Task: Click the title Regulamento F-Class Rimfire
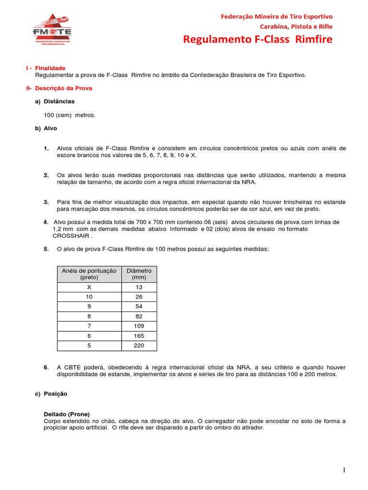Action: (x=257, y=39)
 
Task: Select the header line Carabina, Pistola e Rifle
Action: (x=296, y=26)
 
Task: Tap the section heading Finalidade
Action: (x=50, y=68)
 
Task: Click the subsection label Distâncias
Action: (x=59, y=101)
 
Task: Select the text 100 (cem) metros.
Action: (x=69, y=115)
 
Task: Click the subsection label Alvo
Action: (x=50, y=128)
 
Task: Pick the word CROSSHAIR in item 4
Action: (x=71, y=236)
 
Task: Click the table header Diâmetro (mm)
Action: (x=139, y=274)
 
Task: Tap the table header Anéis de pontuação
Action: (x=89, y=271)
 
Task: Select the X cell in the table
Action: (x=89, y=287)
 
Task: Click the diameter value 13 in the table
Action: (x=139, y=287)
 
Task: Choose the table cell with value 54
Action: (x=139, y=307)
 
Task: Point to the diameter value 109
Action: (x=139, y=326)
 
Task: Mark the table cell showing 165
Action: (x=139, y=336)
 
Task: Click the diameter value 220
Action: (x=139, y=345)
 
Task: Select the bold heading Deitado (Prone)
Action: (x=67, y=414)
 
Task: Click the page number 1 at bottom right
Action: (x=344, y=471)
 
